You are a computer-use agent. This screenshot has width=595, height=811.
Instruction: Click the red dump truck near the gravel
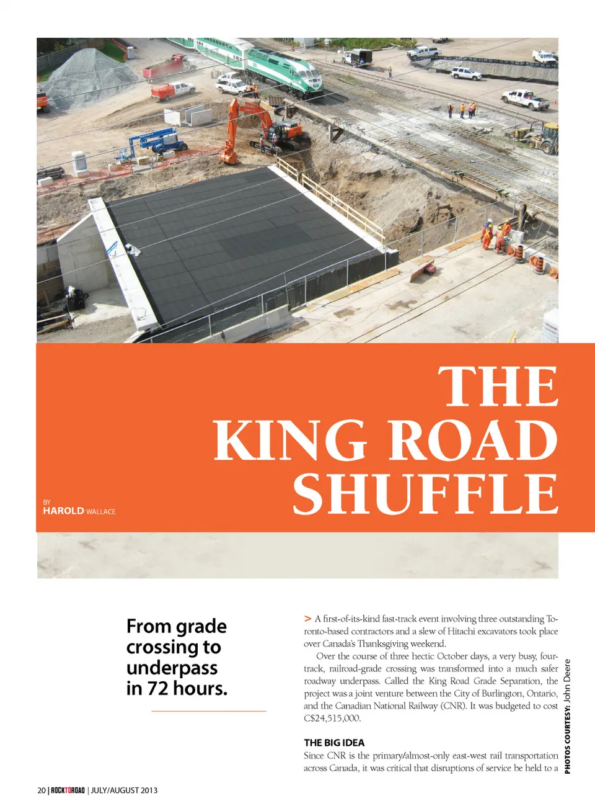click(x=166, y=66)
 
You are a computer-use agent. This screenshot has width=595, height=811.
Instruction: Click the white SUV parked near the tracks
click(x=465, y=73)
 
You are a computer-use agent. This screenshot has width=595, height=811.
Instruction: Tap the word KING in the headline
click(x=290, y=440)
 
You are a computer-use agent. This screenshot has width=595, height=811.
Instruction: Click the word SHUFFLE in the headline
click(x=425, y=494)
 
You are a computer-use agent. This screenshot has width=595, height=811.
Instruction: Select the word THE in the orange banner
click(x=498, y=387)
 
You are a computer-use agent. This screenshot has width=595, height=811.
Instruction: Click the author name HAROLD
click(x=63, y=511)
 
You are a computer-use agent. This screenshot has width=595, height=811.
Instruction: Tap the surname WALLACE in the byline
click(x=101, y=511)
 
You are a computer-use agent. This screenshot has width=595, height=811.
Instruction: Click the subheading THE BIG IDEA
click(x=334, y=743)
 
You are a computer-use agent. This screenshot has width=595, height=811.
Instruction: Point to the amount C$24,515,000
click(x=332, y=719)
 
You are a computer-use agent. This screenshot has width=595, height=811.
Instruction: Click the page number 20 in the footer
click(x=42, y=791)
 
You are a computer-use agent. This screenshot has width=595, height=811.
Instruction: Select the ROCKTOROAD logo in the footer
click(x=68, y=791)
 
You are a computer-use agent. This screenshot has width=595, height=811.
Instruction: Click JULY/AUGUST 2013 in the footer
click(x=124, y=791)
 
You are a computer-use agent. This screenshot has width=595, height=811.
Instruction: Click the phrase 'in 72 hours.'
click(x=177, y=689)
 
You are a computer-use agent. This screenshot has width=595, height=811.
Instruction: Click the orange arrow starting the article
click(x=307, y=619)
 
